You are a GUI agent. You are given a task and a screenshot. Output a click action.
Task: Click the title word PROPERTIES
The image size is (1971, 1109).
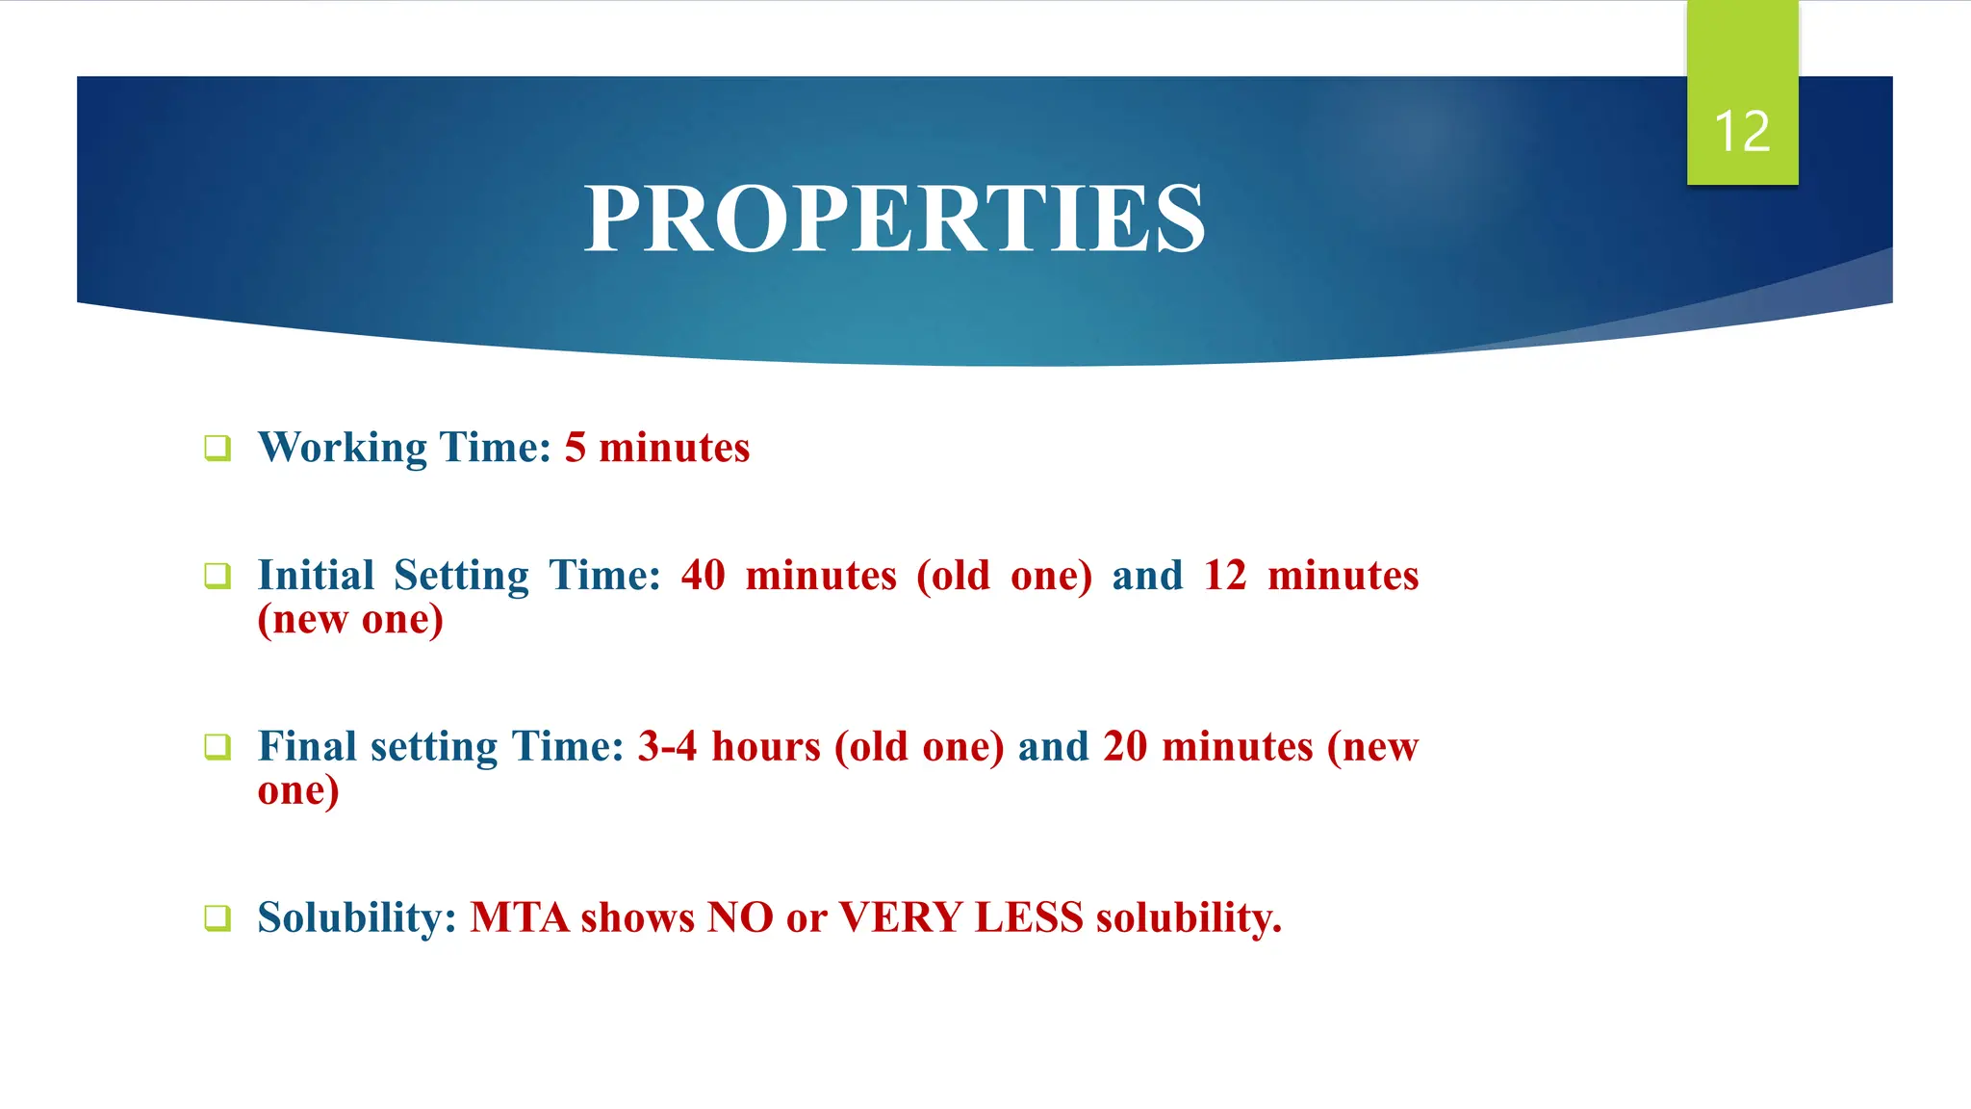tap(894, 219)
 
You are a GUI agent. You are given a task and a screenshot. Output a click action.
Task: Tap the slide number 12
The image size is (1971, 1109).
tap(1742, 132)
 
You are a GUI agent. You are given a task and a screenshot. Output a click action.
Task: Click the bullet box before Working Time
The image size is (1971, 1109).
tap(218, 449)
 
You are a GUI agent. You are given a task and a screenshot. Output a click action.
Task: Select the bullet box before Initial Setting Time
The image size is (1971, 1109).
tap(218, 577)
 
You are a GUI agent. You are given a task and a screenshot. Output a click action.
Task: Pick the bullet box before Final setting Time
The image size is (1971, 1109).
tap(218, 747)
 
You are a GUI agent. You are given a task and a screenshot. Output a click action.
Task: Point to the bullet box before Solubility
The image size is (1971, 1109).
tap(218, 918)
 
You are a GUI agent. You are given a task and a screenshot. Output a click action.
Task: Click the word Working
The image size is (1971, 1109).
tap(343, 449)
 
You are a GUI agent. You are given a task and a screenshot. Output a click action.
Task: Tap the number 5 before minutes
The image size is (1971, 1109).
tap(575, 449)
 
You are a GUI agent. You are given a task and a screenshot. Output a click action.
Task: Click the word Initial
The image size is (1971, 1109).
tap(316, 576)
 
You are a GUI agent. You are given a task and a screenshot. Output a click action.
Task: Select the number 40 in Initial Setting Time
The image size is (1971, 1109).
tap(703, 576)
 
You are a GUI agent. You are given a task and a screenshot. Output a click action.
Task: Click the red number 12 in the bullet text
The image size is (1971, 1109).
tap(1224, 576)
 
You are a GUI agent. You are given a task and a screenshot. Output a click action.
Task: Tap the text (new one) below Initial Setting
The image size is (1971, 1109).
tap(350, 620)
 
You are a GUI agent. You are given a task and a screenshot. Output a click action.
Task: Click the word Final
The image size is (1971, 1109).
tap(307, 747)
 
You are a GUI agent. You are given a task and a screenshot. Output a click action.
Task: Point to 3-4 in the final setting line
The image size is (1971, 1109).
tap(667, 747)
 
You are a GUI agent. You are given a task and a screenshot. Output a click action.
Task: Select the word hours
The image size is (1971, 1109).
tap(766, 747)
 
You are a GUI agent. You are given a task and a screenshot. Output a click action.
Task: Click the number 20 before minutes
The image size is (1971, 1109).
tap(1125, 747)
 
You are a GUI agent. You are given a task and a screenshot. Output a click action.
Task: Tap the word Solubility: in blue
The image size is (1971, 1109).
tap(357, 918)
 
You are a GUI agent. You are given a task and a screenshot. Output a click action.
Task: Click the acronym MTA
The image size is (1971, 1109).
tap(520, 918)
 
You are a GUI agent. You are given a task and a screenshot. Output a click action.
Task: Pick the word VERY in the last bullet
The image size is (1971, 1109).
tap(900, 918)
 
